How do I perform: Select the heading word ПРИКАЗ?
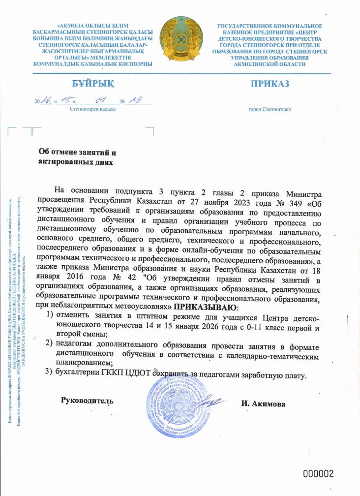(x=270, y=83)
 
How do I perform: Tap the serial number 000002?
(x=318, y=474)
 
